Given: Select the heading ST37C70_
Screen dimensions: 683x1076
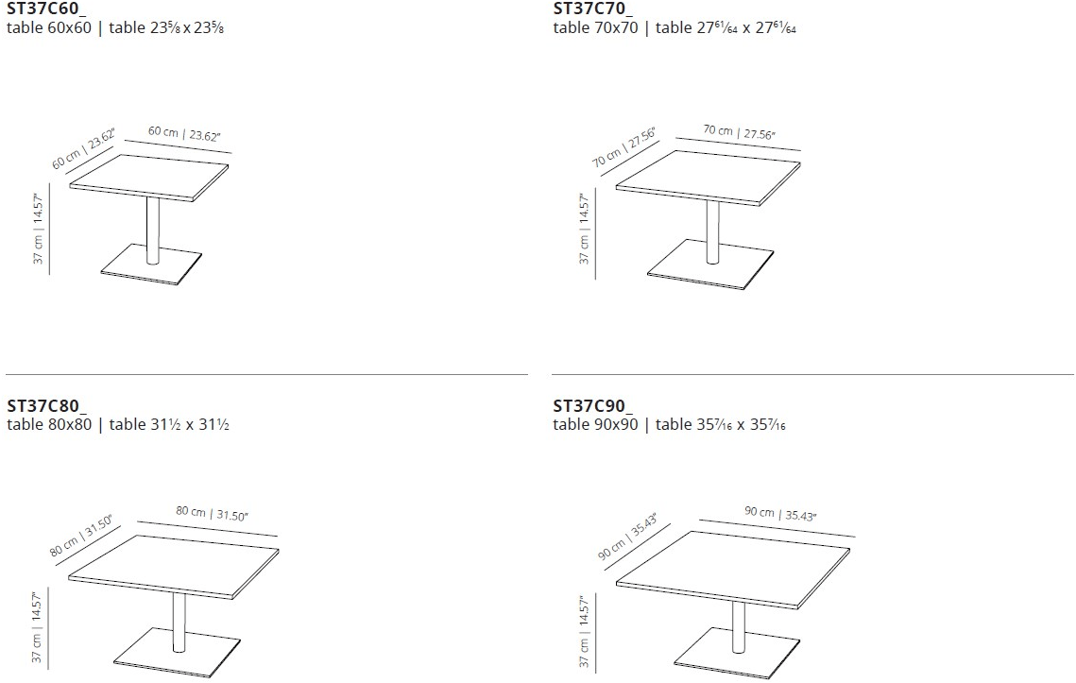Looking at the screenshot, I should tap(593, 9).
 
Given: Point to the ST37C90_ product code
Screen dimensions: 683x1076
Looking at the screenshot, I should tap(593, 405).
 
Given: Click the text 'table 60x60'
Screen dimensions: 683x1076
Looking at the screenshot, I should tap(49, 27).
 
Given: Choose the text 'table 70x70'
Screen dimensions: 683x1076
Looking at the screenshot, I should tap(596, 27).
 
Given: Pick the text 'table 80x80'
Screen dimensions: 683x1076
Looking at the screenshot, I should tap(49, 424).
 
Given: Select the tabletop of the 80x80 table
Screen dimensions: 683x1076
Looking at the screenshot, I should tap(175, 563).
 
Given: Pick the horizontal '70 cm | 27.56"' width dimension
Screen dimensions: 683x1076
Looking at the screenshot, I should tap(737, 132).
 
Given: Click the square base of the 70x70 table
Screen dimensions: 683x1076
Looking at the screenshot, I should tap(704, 268).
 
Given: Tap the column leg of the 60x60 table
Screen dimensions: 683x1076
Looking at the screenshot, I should tap(152, 227).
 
